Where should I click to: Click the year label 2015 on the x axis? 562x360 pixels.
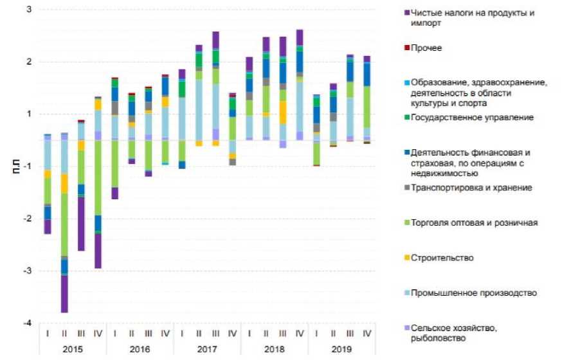(73, 350)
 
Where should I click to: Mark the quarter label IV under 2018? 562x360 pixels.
(300, 334)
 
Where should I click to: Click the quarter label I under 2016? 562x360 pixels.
(115, 334)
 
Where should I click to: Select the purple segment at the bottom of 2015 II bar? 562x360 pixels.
(64, 294)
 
